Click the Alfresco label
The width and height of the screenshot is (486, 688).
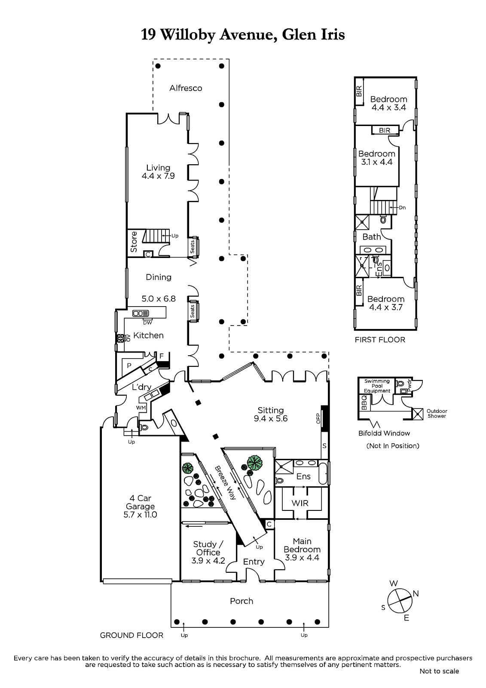click(x=186, y=88)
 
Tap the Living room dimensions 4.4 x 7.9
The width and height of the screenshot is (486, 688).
click(x=158, y=176)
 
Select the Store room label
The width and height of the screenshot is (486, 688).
click(x=134, y=242)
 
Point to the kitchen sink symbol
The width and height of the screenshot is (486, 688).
click(x=141, y=313)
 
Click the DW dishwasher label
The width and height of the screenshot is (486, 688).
click(x=147, y=323)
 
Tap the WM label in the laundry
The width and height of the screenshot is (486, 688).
click(x=141, y=408)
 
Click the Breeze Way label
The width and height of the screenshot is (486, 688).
click(x=225, y=483)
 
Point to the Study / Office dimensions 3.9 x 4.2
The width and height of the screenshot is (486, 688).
click(x=208, y=561)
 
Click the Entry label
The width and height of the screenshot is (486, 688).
click(x=254, y=562)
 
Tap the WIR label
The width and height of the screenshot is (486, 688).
click(x=300, y=503)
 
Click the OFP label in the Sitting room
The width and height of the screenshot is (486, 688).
click(x=318, y=419)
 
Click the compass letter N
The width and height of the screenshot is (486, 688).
click(x=416, y=594)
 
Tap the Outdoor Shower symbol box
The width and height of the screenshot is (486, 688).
click(x=417, y=414)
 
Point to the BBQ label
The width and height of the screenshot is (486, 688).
click(x=364, y=402)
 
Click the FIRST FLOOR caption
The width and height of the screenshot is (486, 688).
click(x=380, y=340)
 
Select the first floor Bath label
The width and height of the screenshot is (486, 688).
click(x=372, y=237)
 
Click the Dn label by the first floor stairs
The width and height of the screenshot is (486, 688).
click(x=402, y=208)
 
